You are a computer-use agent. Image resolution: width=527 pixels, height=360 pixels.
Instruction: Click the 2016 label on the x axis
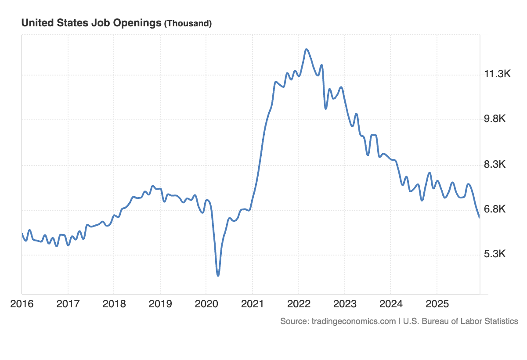pos(22,304)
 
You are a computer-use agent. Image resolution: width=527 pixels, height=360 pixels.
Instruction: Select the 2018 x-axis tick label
pos(114,304)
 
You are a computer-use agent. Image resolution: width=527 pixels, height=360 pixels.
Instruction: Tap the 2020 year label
pos(206,304)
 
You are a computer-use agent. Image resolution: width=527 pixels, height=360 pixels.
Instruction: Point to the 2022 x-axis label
pos(298,304)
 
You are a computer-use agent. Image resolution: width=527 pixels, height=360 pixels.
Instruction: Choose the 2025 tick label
pos(437,304)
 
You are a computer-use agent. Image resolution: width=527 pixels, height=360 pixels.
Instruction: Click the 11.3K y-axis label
pos(497,74)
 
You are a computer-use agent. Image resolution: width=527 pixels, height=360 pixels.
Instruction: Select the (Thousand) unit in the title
pos(188,24)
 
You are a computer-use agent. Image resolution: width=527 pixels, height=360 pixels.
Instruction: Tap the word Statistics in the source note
pos(502,321)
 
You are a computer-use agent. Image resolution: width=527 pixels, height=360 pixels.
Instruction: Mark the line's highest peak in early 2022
pos(306,49)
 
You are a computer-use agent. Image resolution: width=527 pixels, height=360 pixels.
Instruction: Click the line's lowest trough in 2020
pos(218,275)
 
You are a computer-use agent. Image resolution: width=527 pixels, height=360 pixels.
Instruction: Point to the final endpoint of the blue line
pos(479,217)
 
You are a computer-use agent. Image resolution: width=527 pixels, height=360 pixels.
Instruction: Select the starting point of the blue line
pos(22,234)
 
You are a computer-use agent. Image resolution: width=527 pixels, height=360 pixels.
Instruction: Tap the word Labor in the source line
pos(471,321)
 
